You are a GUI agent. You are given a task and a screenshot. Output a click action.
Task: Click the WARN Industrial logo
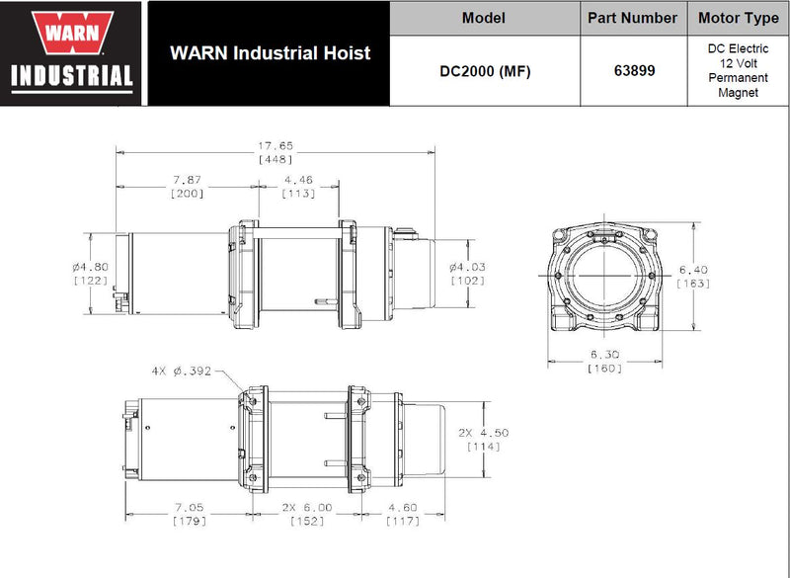click(x=73, y=52)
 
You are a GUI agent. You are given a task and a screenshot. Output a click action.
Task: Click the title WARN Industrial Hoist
click(x=270, y=52)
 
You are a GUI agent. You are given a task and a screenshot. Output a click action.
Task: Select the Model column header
click(x=484, y=18)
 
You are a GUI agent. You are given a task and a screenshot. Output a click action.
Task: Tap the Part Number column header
click(x=632, y=18)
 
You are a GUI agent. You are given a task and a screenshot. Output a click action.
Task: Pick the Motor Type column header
click(x=739, y=18)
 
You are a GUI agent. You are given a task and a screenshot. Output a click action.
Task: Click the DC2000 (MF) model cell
click(x=484, y=71)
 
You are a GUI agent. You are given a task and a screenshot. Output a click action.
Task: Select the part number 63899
click(x=632, y=71)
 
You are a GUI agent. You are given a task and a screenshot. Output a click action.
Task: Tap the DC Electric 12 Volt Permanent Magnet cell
click(x=739, y=70)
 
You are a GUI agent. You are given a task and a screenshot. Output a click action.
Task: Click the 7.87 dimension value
click(x=187, y=181)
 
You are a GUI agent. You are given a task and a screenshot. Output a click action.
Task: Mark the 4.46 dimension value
click(x=298, y=181)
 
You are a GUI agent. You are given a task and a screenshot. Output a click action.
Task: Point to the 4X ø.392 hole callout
click(x=183, y=372)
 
